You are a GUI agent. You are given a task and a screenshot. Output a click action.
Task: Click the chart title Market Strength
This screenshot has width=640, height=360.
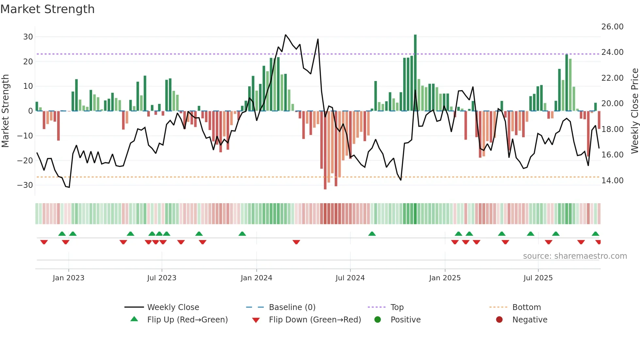click(47, 9)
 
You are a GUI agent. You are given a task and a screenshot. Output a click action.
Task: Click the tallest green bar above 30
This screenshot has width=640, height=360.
click(415, 72)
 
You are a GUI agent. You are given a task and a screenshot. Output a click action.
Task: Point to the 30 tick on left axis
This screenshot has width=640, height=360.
click(28, 37)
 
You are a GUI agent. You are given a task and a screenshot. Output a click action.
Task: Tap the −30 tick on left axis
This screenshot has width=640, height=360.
click(25, 185)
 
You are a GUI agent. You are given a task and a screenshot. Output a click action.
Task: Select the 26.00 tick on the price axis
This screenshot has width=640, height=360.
click(612, 27)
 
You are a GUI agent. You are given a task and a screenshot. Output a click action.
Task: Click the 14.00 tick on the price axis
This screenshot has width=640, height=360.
click(612, 181)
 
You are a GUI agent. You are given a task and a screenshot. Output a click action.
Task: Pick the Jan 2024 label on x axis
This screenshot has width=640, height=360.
click(256, 278)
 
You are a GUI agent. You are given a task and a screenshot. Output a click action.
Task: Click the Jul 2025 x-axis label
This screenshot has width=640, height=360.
click(538, 278)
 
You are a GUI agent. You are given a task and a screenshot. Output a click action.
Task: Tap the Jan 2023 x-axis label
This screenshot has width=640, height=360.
click(69, 278)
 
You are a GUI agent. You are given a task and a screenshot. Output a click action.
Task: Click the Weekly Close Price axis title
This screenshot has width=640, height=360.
click(634, 111)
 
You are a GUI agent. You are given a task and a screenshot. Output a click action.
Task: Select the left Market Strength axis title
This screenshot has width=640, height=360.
click(5, 111)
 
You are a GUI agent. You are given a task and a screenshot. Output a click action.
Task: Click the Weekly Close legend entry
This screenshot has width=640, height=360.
click(173, 307)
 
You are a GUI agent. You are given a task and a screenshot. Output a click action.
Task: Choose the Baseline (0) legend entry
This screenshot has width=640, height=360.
click(292, 307)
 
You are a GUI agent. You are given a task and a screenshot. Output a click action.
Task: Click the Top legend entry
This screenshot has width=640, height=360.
click(397, 307)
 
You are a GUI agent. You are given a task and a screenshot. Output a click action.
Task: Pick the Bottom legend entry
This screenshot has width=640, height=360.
click(526, 307)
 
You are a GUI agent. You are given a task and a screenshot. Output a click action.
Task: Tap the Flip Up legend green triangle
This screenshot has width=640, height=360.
click(134, 319)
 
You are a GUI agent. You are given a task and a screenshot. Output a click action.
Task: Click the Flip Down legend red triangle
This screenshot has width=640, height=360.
click(256, 320)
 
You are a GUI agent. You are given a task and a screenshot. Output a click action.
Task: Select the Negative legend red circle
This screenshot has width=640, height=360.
click(499, 320)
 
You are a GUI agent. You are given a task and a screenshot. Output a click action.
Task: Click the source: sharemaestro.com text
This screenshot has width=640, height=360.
click(575, 256)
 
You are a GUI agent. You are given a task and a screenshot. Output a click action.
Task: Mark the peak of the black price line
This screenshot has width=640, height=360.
click(285, 35)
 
